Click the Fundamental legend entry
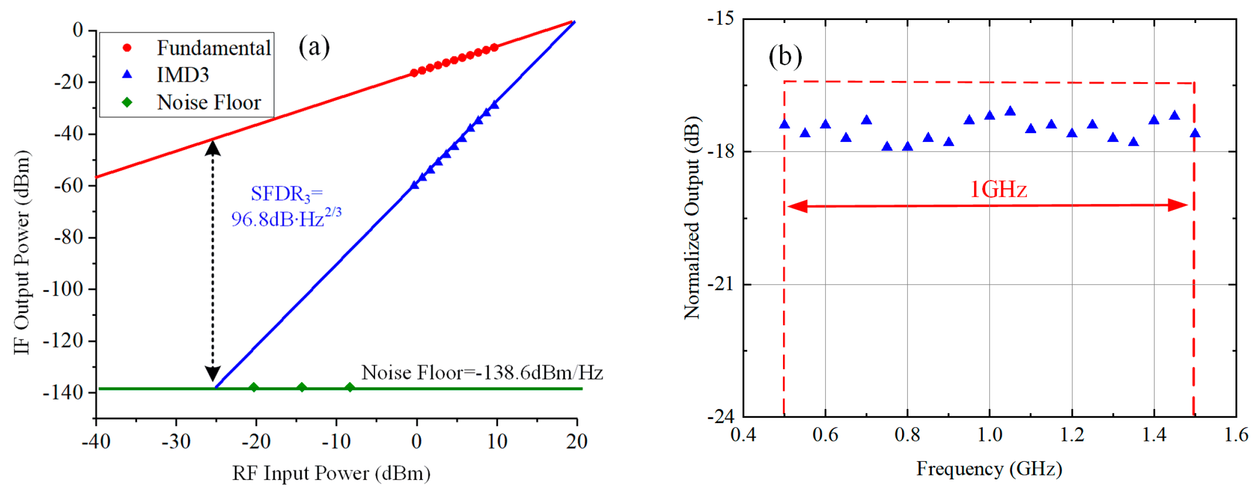pos(214,48)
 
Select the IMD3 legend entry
pos(183,75)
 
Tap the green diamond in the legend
pos(127,102)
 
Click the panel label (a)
pos(314,47)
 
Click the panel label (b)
pos(785,56)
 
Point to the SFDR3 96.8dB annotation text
pos(286,207)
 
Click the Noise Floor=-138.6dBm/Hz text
pos(482,373)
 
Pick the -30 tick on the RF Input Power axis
pos(176,442)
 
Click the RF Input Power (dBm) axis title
pos(331,473)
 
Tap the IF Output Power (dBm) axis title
pos(22,252)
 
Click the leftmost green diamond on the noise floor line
pos(254,387)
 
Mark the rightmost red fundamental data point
pos(494,47)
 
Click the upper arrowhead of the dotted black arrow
pos(213,147)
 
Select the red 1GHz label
pos(998,190)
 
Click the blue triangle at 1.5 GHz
pos(1195,133)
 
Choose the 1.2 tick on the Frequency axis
pos(1072,434)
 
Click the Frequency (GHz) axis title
pos(989,469)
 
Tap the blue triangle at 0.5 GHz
pos(784,124)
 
